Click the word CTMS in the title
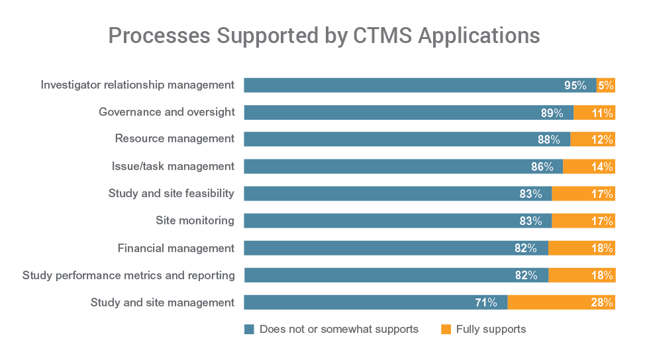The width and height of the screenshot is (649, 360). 378,36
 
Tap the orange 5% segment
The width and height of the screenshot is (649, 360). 606,85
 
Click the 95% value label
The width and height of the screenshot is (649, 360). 575,85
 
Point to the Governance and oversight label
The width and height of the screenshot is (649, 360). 166,112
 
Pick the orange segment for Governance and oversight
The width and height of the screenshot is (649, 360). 594,112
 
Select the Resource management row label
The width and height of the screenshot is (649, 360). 175,139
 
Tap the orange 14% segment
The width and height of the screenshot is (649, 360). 589,167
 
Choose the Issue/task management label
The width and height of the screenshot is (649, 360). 173,166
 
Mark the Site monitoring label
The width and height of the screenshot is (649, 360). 195,220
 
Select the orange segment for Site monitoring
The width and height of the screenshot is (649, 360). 583,221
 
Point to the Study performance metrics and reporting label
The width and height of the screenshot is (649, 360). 128,275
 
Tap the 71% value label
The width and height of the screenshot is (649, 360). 486,302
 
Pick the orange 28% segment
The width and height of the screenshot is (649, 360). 562,302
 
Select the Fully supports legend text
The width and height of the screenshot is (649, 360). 491,330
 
